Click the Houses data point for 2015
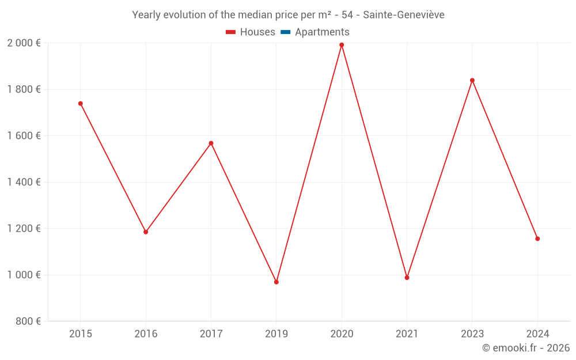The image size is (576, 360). click(81, 104)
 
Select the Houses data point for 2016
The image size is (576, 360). click(146, 232)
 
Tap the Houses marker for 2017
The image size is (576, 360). click(211, 143)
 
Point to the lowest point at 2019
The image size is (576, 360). click(276, 282)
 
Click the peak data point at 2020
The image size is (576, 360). click(342, 45)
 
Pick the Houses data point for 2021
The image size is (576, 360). click(407, 278)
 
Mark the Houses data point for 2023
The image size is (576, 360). click(472, 81)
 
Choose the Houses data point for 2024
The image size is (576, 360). click(537, 238)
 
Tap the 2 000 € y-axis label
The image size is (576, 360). click(24, 43)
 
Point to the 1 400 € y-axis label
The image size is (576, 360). click(24, 182)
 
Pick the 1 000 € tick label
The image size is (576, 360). click(24, 275)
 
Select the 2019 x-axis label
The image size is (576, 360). click(276, 334)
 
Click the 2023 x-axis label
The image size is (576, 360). click(472, 334)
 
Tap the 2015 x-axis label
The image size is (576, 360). click(81, 334)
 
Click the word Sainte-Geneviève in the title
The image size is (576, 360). click(403, 15)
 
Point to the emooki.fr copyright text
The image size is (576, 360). click(526, 348)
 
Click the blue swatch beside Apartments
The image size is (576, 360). click(285, 32)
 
